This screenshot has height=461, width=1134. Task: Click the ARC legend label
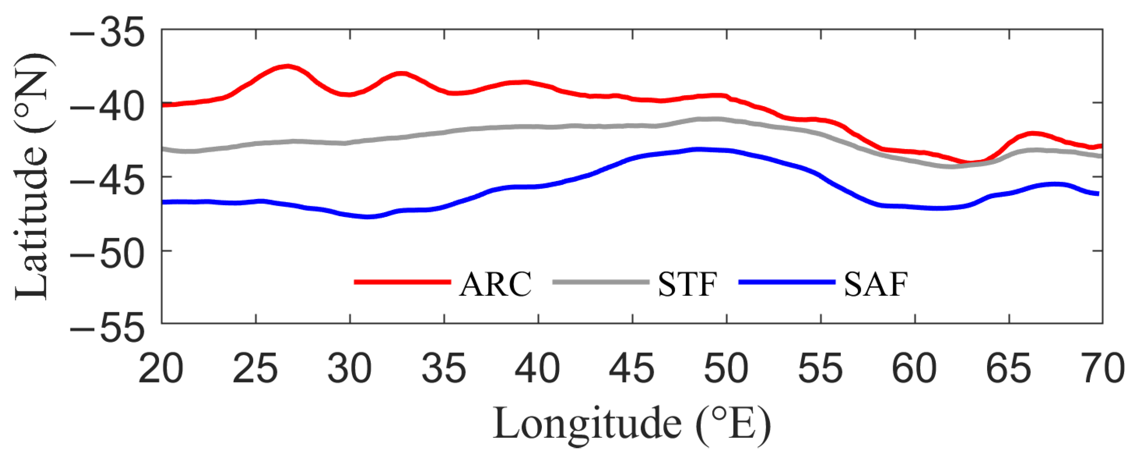(495, 284)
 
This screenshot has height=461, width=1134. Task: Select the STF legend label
(688, 284)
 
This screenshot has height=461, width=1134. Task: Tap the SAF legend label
(876, 284)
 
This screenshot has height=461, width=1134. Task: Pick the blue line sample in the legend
(787, 282)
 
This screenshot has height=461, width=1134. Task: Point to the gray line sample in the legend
(600, 282)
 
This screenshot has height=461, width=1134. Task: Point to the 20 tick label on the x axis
(161, 368)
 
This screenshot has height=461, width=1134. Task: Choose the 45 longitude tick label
(632, 368)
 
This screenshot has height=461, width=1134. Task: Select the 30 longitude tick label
(350, 368)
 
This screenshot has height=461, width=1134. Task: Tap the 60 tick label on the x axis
(914, 368)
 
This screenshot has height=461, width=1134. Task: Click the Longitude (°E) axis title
(632, 424)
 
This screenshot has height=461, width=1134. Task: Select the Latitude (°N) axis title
(33, 176)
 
